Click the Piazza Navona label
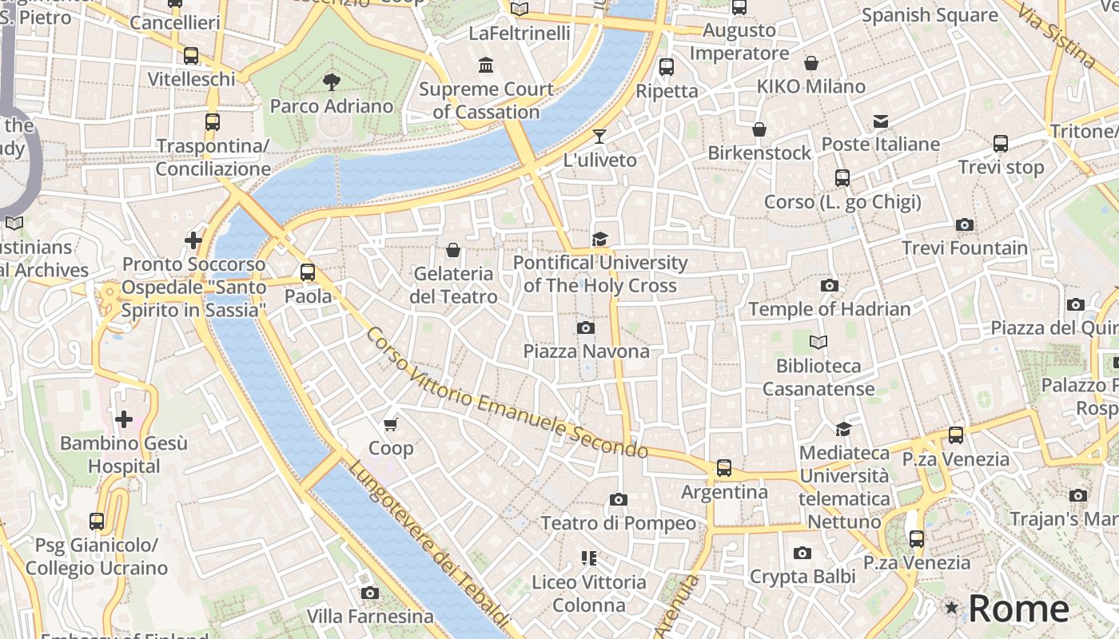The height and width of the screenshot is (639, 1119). (x=586, y=351)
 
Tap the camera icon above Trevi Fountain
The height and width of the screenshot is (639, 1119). (x=965, y=225)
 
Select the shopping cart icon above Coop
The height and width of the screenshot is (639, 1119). (x=391, y=424)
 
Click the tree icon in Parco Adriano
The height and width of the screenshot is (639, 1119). (x=331, y=81)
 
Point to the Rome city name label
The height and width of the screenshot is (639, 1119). (x=1018, y=609)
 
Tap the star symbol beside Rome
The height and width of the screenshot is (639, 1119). (x=951, y=608)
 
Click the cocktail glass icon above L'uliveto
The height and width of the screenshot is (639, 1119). (x=599, y=136)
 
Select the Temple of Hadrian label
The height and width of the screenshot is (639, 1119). (x=829, y=309)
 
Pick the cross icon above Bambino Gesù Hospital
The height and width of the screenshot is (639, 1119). (x=124, y=419)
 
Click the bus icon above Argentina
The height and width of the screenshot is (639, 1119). (x=724, y=468)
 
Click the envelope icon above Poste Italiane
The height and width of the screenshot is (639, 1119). (x=881, y=121)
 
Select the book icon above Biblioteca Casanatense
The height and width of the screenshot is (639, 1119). (x=818, y=343)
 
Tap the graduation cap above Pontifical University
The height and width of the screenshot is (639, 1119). (x=599, y=238)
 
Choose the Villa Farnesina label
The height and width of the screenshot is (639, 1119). (x=370, y=616)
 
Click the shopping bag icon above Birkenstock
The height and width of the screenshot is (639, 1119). (x=759, y=129)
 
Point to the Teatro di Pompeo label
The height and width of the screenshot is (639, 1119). (x=619, y=523)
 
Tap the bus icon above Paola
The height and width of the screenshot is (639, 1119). (x=308, y=272)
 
